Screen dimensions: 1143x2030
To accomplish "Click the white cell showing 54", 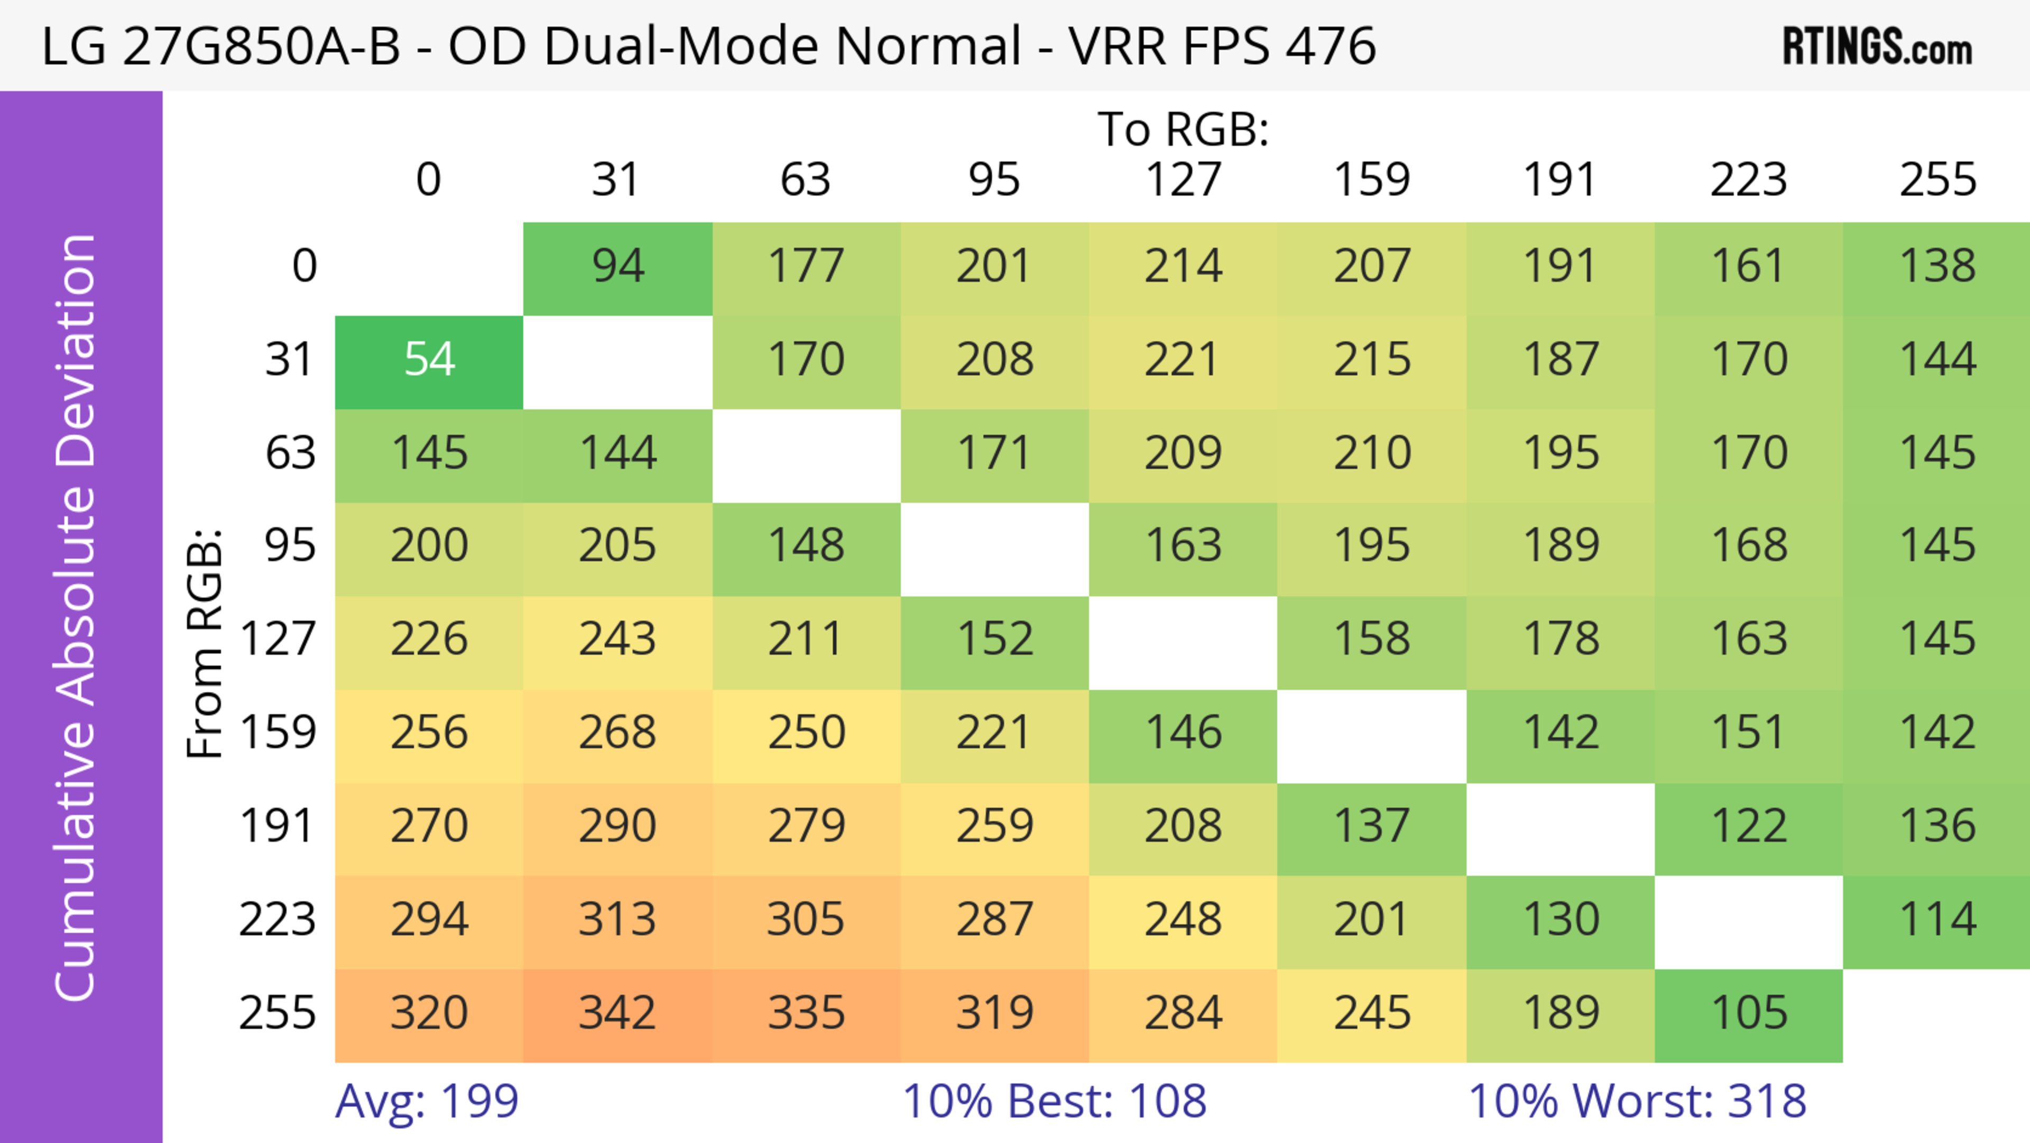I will (x=429, y=360).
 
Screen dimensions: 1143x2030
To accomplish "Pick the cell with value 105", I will (x=1749, y=1013).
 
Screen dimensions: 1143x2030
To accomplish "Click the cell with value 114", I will (x=1937, y=920).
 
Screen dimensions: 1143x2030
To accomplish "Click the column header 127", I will (x=1183, y=180).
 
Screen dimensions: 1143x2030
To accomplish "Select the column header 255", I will (x=1937, y=180).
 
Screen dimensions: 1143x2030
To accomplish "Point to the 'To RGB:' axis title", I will (x=1183, y=129).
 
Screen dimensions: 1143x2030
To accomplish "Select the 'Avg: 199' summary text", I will (x=426, y=1101).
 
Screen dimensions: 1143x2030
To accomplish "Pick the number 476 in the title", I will (x=1330, y=45).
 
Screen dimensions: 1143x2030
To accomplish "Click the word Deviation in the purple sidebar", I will (x=76, y=351).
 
